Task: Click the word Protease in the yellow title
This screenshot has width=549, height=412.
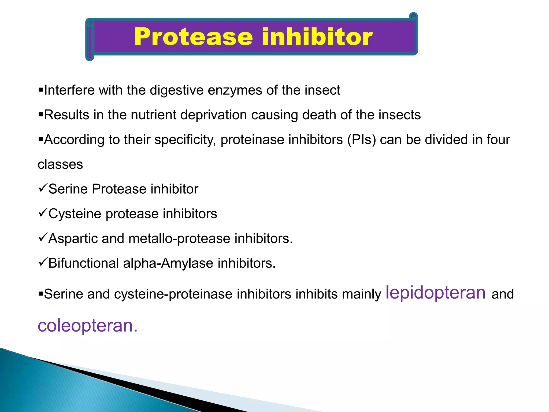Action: click(193, 37)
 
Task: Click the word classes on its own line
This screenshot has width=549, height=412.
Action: click(60, 164)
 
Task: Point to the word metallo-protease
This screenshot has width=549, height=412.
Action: click(179, 238)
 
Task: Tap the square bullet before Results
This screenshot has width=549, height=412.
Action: click(41, 115)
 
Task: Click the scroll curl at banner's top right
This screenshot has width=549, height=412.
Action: click(413, 17)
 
